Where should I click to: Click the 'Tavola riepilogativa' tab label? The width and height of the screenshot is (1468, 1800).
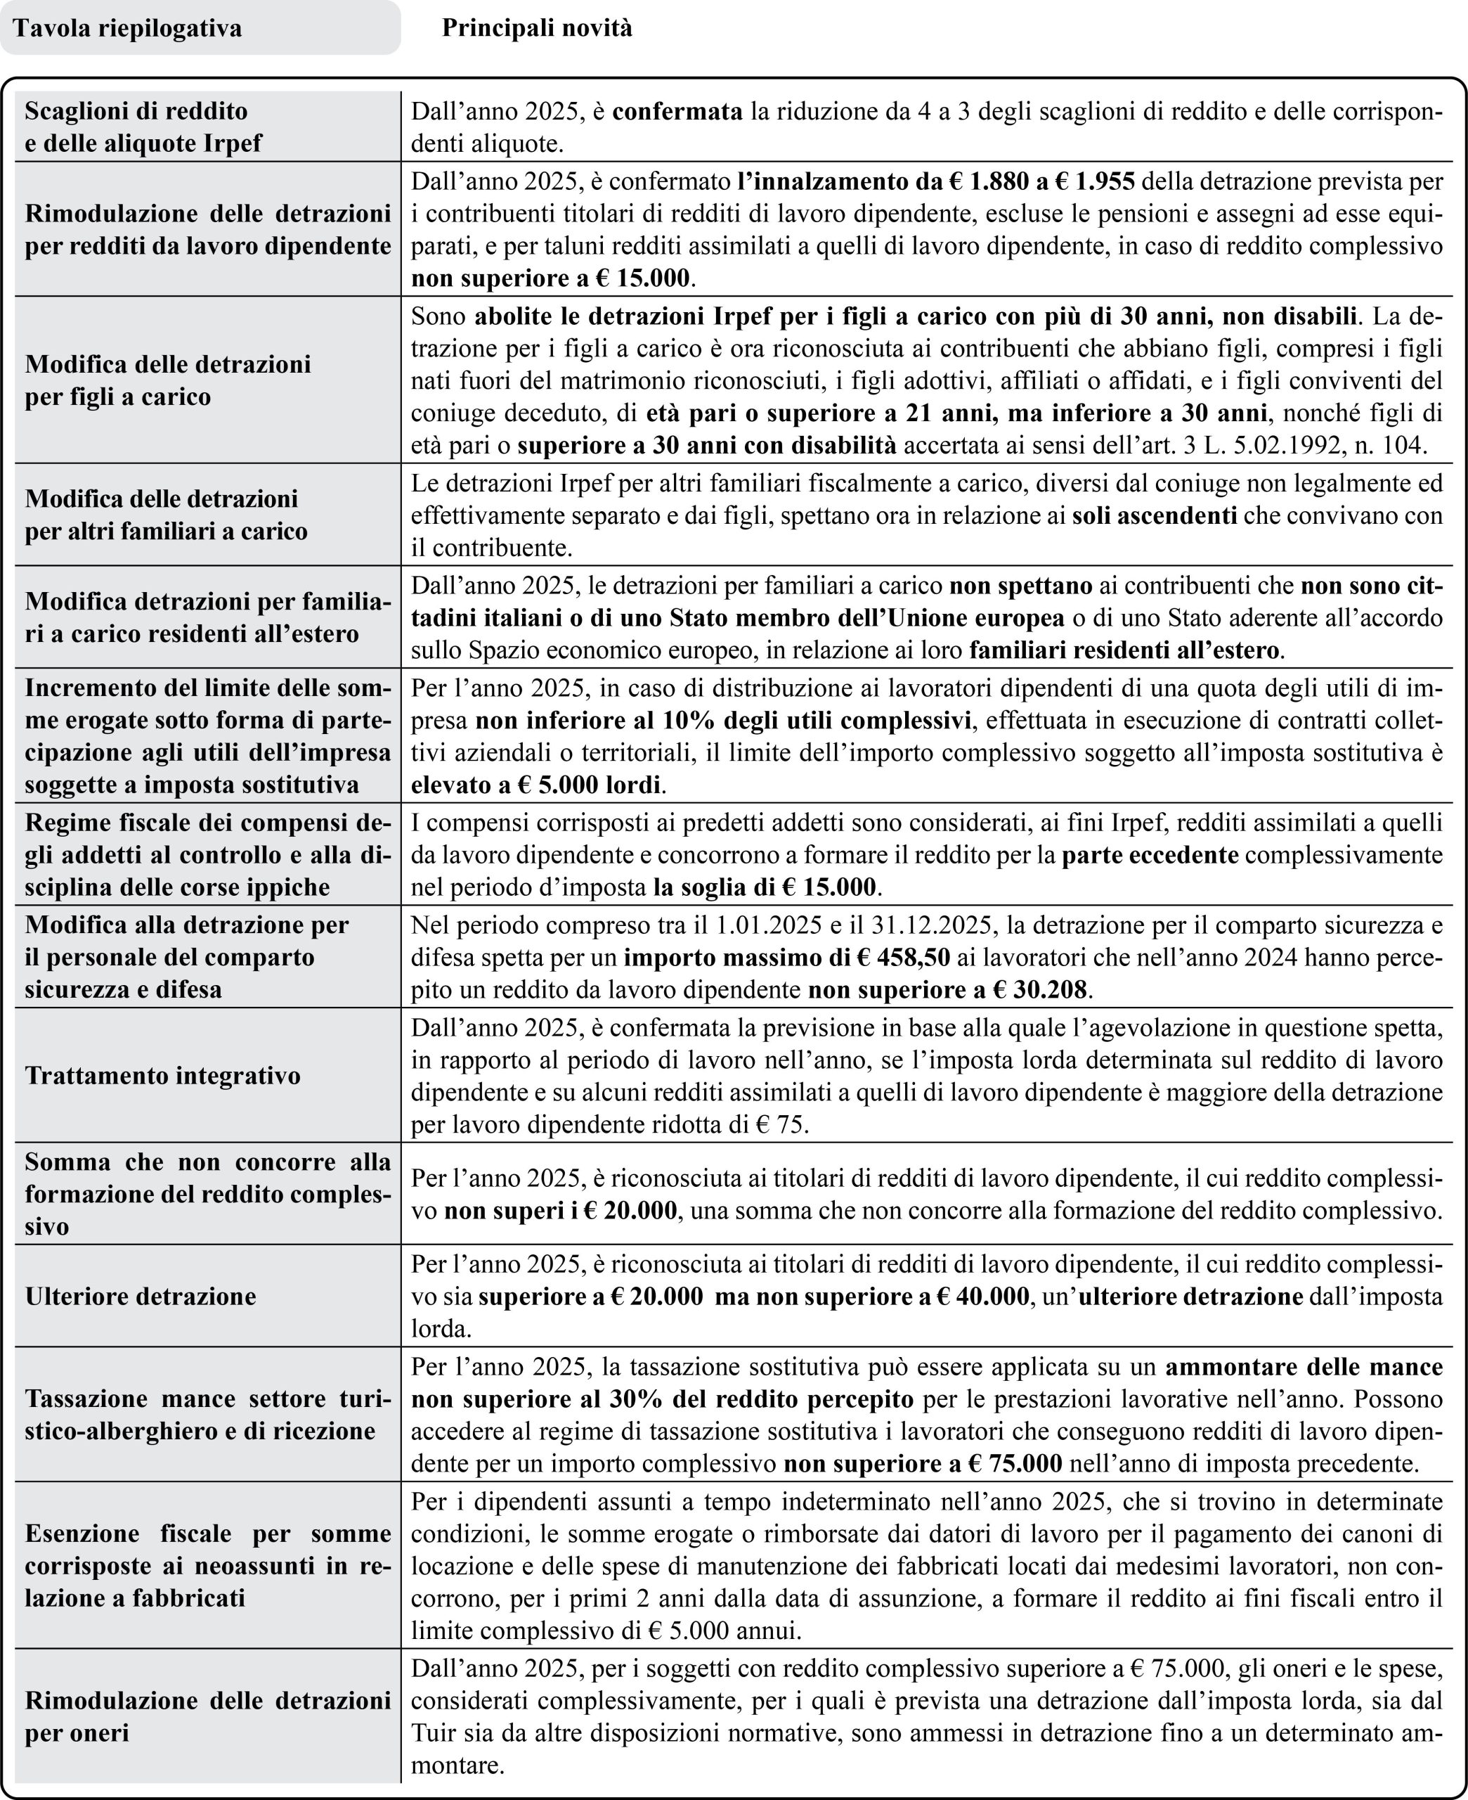[128, 29]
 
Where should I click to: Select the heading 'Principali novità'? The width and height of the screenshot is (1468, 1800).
[536, 29]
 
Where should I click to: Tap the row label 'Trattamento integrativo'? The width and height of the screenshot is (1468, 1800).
[162, 1075]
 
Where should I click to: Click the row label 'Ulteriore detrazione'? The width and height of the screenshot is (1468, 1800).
[141, 1296]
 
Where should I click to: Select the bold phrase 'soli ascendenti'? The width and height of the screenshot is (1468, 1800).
[1155, 515]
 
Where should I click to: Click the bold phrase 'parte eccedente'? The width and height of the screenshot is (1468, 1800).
[1150, 855]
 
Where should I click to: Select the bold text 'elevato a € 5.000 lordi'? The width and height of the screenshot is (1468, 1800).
[535, 785]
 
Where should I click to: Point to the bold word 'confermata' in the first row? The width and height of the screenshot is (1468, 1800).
[677, 111]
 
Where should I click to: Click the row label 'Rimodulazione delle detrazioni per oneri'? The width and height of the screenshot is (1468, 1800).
[208, 1716]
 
